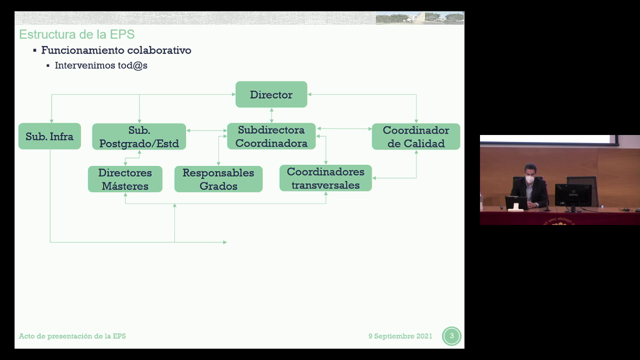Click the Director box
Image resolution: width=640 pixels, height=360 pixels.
[x=271, y=94]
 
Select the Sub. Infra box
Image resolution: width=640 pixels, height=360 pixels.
[x=49, y=136]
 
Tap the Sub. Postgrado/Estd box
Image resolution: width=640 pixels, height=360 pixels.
[x=139, y=136]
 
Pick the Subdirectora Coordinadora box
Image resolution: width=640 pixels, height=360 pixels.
[x=271, y=136]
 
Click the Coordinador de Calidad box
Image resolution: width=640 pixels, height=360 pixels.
[x=415, y=136]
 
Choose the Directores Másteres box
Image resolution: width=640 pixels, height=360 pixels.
[x=125, y=179]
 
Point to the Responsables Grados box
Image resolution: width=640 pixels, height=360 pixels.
[x=218, y=179]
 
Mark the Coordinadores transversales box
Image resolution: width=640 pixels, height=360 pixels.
[x=325, y=178]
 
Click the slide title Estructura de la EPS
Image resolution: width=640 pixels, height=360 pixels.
[x=76, y=34]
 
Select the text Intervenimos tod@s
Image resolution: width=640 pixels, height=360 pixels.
[x=101, y=65]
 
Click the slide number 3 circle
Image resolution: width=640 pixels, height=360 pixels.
[x=451, y=336]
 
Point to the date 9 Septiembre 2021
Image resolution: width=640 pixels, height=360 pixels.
[x=400, y=336]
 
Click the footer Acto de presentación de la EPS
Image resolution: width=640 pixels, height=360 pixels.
[x=72, y=336]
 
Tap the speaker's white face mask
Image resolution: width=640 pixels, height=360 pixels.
[x=529, y=179]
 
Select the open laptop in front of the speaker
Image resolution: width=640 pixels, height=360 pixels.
[x=516, y=203]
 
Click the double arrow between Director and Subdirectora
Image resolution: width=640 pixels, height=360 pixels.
[x=271, y=115]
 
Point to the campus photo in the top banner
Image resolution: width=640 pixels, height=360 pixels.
[x=419, y=18]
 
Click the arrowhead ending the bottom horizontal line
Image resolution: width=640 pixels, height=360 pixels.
[x=225, y=242]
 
